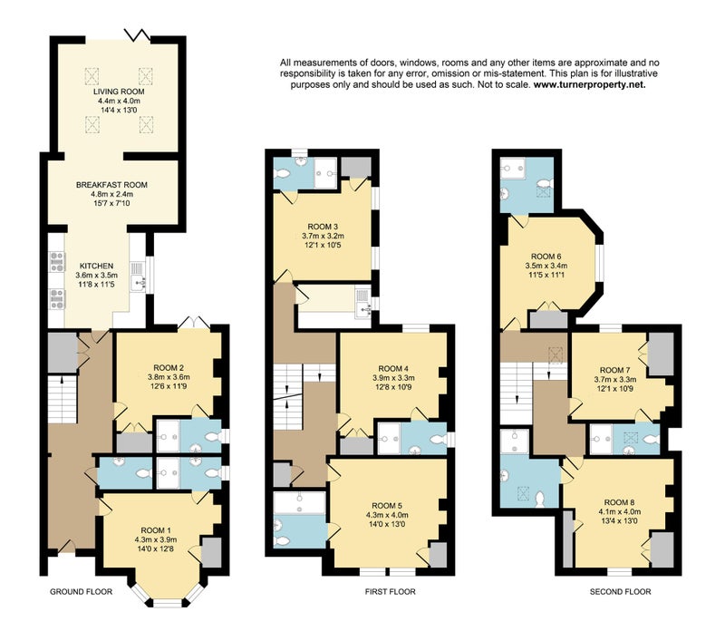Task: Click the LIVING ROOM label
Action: coord(119,92)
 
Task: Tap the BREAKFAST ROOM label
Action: coord(111,185)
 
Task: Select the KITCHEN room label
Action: coord(96,266)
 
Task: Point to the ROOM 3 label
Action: coord(323,227)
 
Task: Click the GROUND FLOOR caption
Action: coord(81,592)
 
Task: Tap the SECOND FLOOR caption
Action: coord(620,592)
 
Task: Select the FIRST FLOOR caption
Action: coord(390,592)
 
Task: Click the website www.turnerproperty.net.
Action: coord(590,84)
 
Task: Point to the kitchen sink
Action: coord(138,282)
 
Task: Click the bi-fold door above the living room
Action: coord(138,34)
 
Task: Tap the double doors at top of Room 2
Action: coord(194,323)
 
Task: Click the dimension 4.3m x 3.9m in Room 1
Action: coord(156,539)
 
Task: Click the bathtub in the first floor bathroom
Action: coord(300,503)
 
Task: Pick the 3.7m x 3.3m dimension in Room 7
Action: coord(615,379)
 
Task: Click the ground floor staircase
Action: coord(62,399)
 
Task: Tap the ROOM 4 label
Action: coord(393,369)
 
